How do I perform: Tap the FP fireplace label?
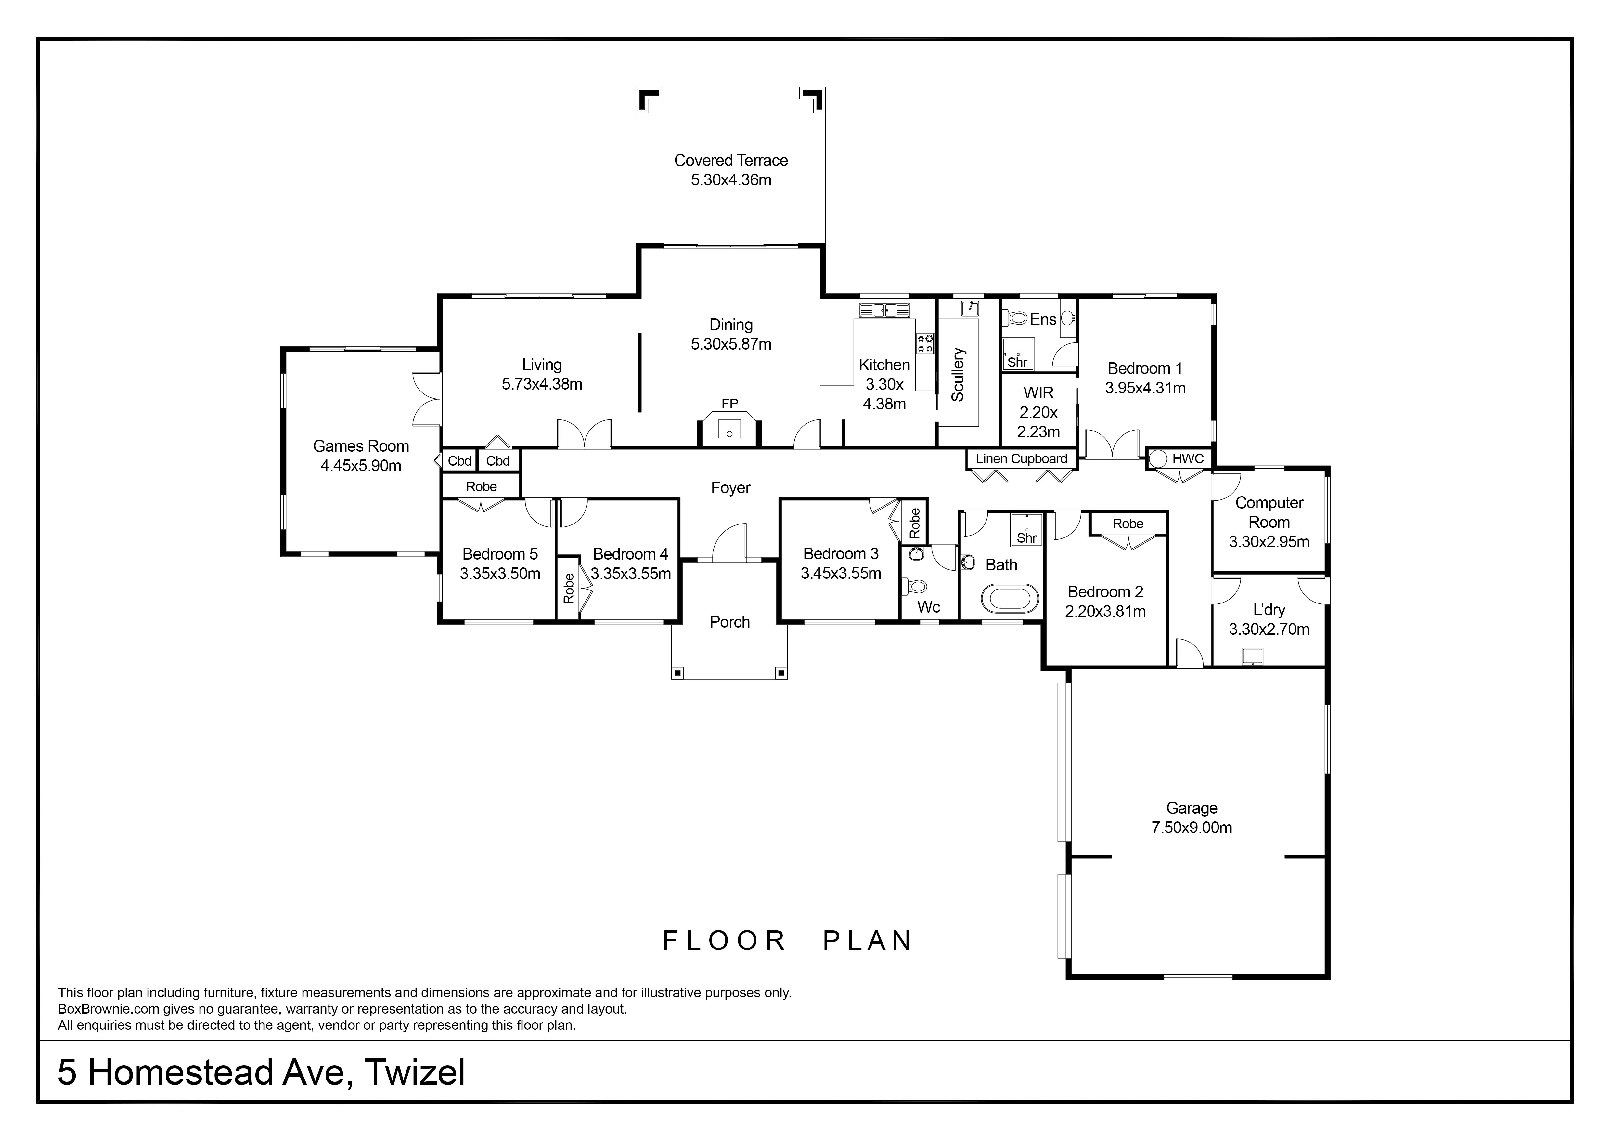pos(730,404)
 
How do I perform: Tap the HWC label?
pos(1188,458)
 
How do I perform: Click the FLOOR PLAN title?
pos(787,941)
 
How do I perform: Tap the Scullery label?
pos(958,374)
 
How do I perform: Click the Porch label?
pos(730,622)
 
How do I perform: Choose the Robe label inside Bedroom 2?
pos(1128,524)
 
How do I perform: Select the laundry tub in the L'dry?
pos(1252,656)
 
